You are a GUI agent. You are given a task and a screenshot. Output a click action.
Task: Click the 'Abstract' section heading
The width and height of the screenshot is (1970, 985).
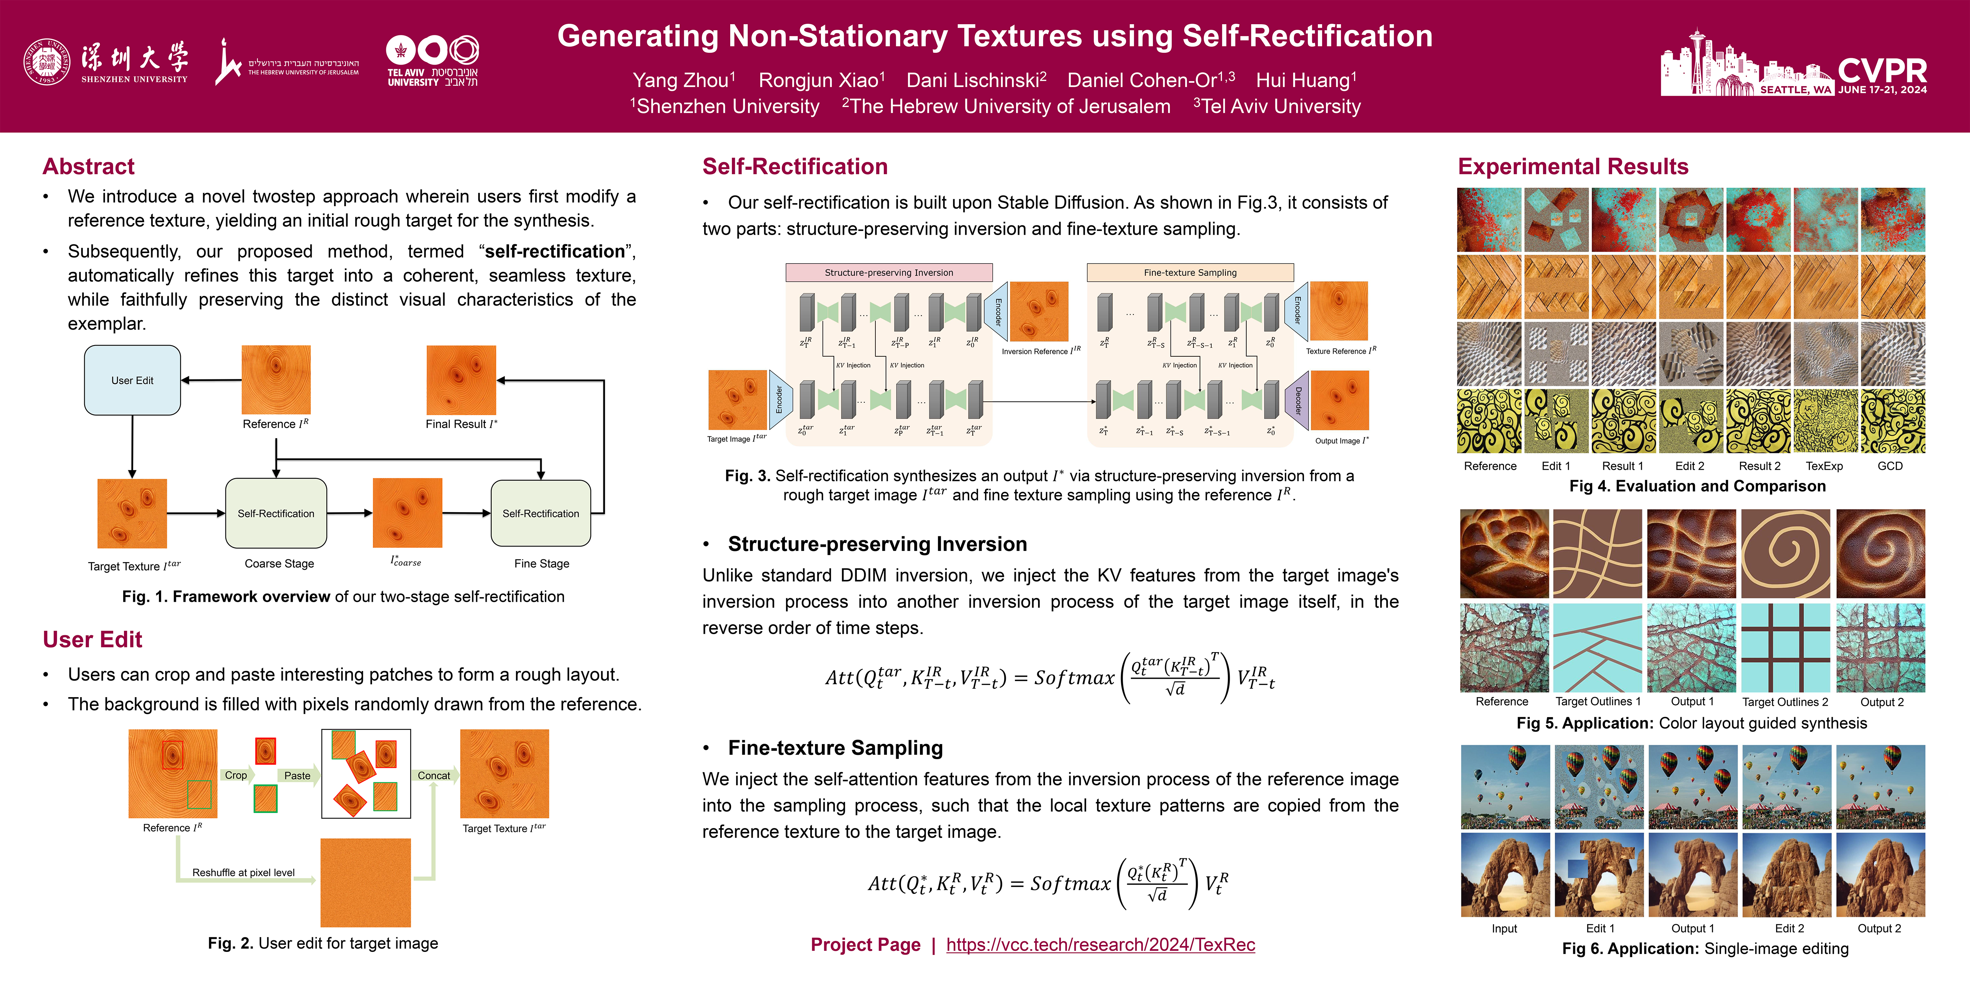click(x=89, y=167)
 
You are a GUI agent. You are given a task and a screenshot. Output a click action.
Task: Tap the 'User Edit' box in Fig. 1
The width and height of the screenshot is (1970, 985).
click(x=132, y=380)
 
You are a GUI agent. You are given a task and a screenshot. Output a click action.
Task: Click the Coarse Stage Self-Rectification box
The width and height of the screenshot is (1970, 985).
click(x=276, y=513)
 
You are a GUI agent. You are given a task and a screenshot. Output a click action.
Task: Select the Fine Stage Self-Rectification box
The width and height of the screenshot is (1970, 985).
click(x=541, y=513)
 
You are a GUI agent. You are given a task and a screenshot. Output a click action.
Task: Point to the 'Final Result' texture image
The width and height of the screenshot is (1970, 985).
click(x=461, y=380)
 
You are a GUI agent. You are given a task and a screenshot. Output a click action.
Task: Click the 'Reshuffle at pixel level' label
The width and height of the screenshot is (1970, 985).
click(x=243, y=873)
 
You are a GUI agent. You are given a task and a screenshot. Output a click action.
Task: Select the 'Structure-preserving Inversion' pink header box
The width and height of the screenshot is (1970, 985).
click(x=889, y=272)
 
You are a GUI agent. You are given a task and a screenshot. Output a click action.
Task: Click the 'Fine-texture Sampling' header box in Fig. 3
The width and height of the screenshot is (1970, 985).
click(x=1190, y=272)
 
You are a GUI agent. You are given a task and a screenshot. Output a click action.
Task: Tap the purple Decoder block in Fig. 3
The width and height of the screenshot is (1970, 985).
click(x=1298, y=401)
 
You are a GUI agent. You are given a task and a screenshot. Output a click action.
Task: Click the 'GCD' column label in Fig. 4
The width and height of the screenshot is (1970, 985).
click(x=1890, y=466)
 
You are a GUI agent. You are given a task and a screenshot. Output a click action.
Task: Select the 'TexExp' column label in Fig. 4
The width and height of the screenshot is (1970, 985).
click(x=1824, y=466)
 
